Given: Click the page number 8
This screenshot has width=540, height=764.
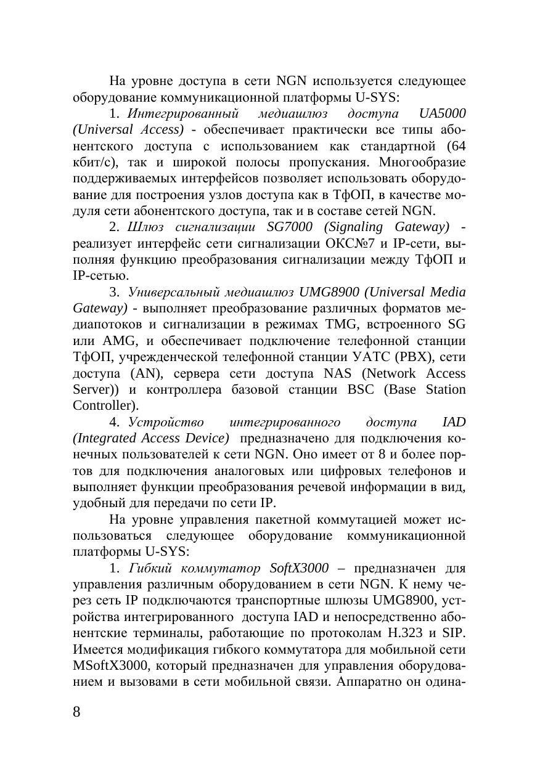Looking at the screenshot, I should (x=76, y=712).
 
